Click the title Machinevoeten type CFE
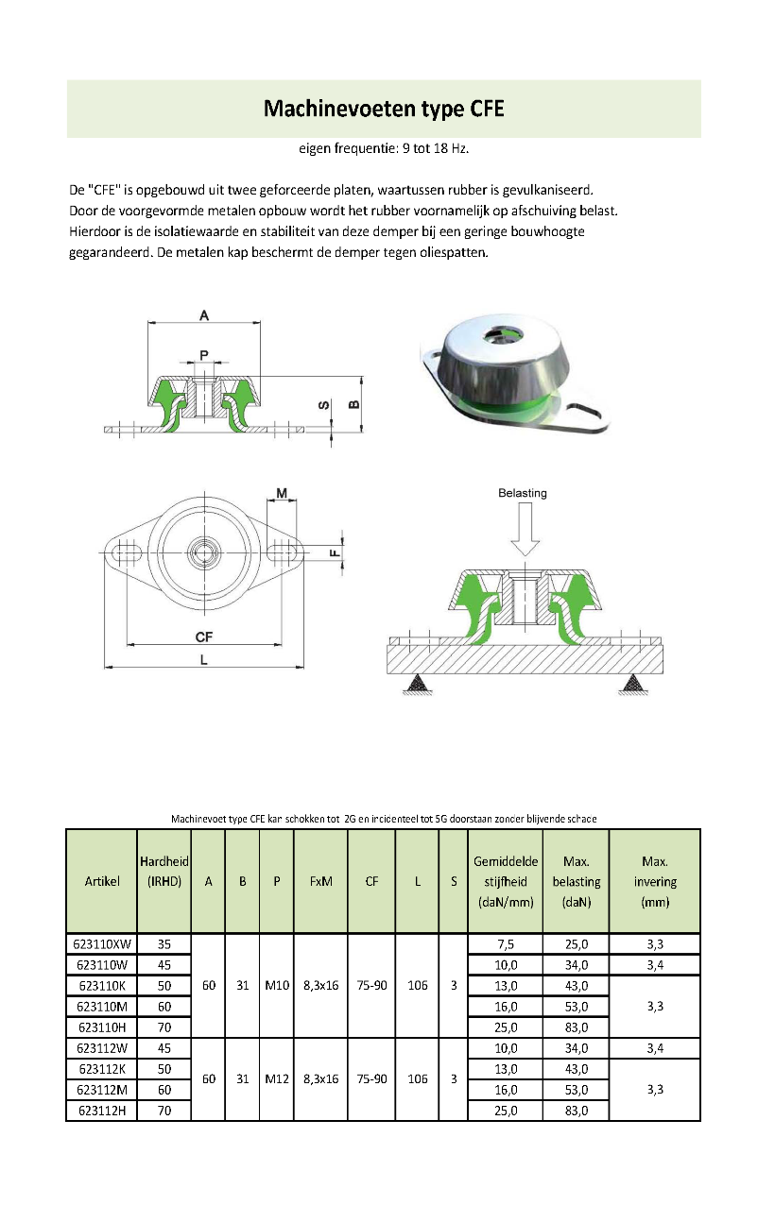[x=383, y=110]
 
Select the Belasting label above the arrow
[x=523, y=493]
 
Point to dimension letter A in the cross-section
[x=204, y=315]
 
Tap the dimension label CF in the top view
[x=203, y=638]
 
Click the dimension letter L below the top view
[x=203, y=660]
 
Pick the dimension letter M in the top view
[x=283, y=492]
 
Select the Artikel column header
[x=101, y=881]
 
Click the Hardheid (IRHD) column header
[x=164, y=871]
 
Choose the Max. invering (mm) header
[x=655, y=881]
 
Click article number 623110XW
[x=101, y=943]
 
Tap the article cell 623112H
[x=101, y=1111]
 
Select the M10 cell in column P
[x=276, y=985]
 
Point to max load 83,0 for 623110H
[x=576, y=1027]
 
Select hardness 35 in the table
[x=164, y=943]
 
